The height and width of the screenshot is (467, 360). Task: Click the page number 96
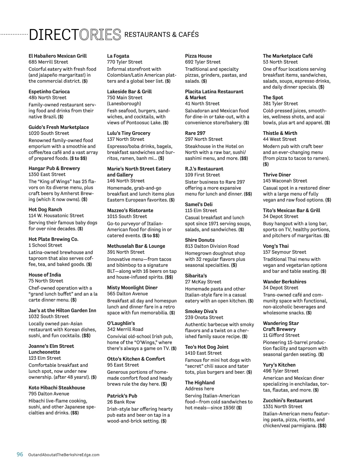[20, 454]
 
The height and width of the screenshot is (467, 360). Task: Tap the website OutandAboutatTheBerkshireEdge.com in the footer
[64, 455]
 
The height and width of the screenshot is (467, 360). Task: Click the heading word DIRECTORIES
[75, 35]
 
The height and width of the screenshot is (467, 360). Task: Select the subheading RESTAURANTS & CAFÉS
[161, 35]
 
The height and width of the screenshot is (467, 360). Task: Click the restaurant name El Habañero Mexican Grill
[58, 56]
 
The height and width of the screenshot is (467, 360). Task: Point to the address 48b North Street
[47, 98]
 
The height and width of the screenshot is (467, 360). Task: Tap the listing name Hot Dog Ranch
[45, 210]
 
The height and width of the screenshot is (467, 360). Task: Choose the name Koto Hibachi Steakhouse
[57, 388]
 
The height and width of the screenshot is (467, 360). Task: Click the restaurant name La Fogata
[118, 56]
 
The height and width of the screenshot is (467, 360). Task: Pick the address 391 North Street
[126, 252]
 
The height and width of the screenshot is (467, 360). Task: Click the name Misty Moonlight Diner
[132, 288]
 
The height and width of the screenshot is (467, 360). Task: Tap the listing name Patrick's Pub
[122, 396]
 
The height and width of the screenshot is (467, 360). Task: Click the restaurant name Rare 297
[195, 133]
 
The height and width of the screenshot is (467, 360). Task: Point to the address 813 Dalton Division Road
[212, 246]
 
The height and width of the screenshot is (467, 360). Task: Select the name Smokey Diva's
[201, 311]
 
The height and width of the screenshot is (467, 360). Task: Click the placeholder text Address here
[199, 389]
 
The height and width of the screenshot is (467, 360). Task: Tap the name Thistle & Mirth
[280, 133]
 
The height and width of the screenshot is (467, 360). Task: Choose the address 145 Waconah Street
[285, 181]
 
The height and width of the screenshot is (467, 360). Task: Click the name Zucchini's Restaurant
[288, 400]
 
